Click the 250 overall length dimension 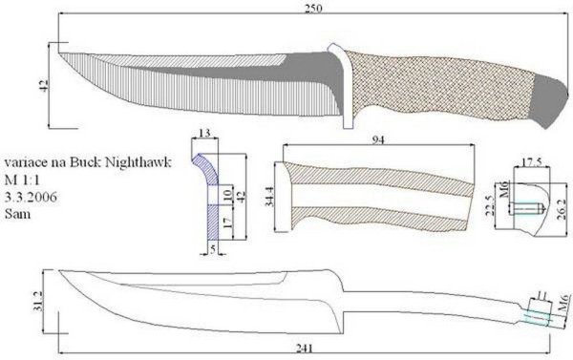point(313,8)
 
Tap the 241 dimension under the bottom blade point(304,349)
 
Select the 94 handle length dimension point(378,140)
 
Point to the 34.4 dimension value point(269,197)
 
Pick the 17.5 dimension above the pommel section point(532,162)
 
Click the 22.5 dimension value point(491,206)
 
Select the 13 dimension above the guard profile point(204,133)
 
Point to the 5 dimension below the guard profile point(213,249)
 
